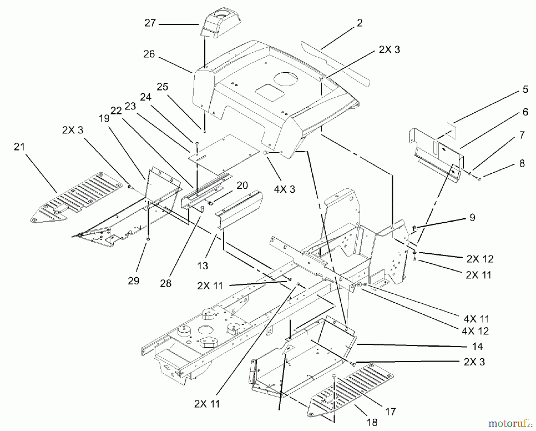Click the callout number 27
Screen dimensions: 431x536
[x=150, y=23]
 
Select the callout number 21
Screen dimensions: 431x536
[x=19, y=147]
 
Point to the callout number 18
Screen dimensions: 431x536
[x=372, y=422]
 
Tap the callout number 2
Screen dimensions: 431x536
[x=360, y=23]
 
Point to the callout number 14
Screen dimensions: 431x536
[x=477, y=346]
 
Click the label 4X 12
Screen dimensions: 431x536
[x=476, y=331]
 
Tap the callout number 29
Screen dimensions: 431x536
[x=133, y=281]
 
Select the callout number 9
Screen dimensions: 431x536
[x=472, y=217]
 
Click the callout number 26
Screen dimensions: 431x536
[x=149, y=54]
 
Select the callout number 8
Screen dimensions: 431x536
[x=522, y=163]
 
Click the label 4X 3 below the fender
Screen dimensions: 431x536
[x=284, y=189]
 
